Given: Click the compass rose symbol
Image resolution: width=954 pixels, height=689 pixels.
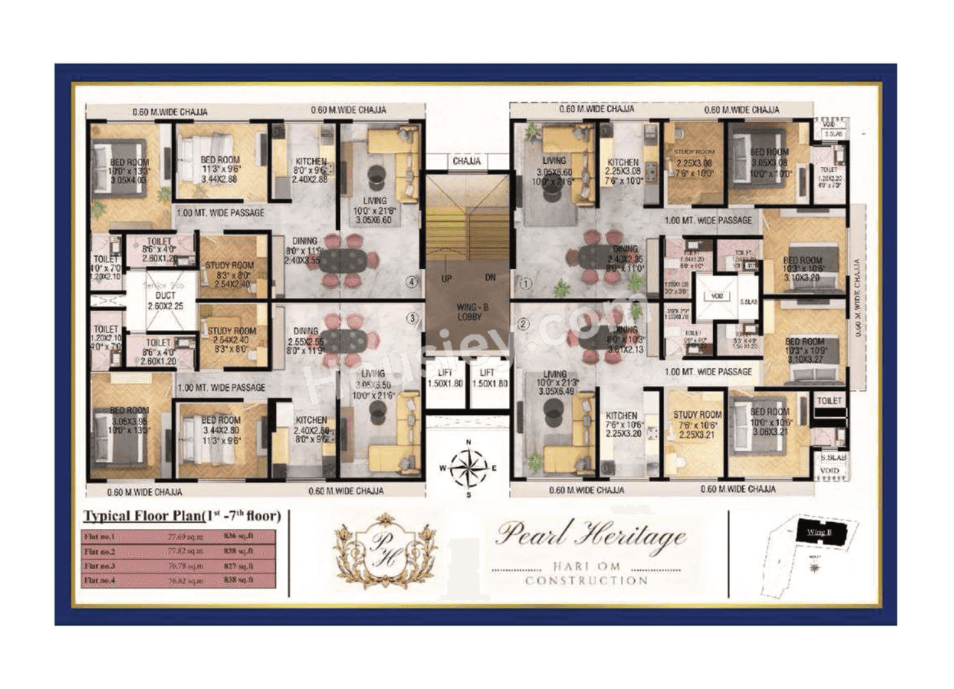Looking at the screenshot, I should pyautogui.click(x=467, y=469).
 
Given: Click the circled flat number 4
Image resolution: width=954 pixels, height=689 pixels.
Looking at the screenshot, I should pyautogui.click(x=410, y=282).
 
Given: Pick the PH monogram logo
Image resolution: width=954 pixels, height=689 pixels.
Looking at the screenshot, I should pyautogui.click(x=385, y=550).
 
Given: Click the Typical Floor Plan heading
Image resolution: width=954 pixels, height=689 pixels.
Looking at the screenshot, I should pyautogui.click(x=181, y=516).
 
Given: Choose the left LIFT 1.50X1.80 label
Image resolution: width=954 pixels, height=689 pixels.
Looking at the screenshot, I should pyautogui.click(x=445, y=377).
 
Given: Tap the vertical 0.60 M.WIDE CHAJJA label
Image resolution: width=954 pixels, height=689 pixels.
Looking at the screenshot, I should pyautogui.click(x=859, y=298).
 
